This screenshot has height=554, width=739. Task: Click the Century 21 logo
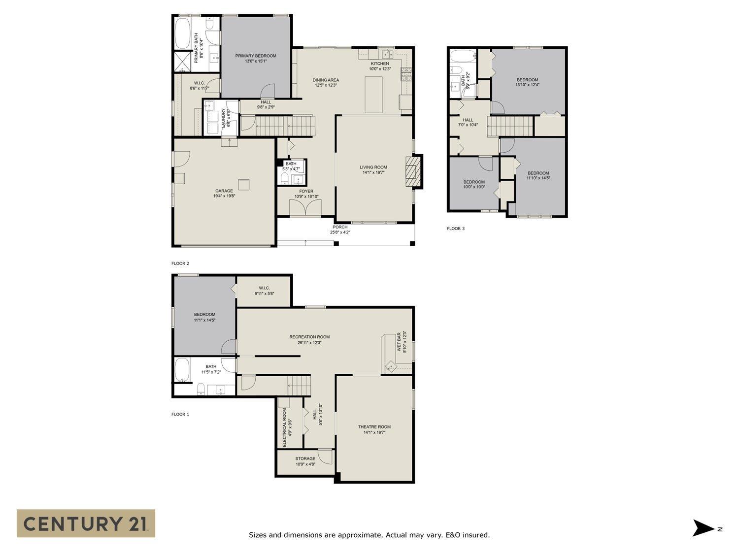tap(86, 523)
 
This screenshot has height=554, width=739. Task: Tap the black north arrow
tap(703, 528)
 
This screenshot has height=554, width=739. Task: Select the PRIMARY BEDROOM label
tap(255, 56)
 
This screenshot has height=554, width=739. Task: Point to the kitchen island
tap(373, 95)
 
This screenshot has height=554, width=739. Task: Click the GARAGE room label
tap(224, 191)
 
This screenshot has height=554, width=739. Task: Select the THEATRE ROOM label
tap(374, 427)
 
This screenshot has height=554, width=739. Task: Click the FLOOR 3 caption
tap(455, 228)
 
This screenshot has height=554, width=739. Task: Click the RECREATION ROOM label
tap(309, 337)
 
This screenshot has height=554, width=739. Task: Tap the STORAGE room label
tap(305, 458)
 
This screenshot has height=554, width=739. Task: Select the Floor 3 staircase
tap(511, 126)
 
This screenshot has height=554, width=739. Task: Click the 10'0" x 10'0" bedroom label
tap(474, 182)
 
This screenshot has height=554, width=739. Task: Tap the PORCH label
tap(339, 227)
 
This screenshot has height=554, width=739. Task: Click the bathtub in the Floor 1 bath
tap(182, 370)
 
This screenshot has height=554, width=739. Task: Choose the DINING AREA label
tap(326, 80)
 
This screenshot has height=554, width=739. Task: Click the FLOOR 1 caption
tap(180, 414)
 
